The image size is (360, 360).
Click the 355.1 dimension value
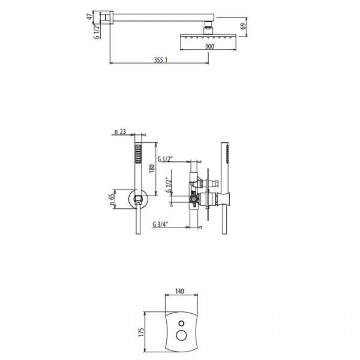[x=161, y=60]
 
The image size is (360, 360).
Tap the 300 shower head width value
[x=209, y=46]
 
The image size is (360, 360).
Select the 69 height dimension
[x=244, y=25]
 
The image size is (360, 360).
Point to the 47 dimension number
[x=89, y=17]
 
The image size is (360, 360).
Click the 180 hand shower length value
[x=152, y=169]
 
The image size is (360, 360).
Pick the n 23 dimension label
[x=121, y=131]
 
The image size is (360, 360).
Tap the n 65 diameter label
[x=112, y=199]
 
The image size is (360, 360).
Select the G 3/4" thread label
[x=160, y=224]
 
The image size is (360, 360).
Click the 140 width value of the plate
[x=179, y=291]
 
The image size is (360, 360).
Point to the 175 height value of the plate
[x=141, y=332]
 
